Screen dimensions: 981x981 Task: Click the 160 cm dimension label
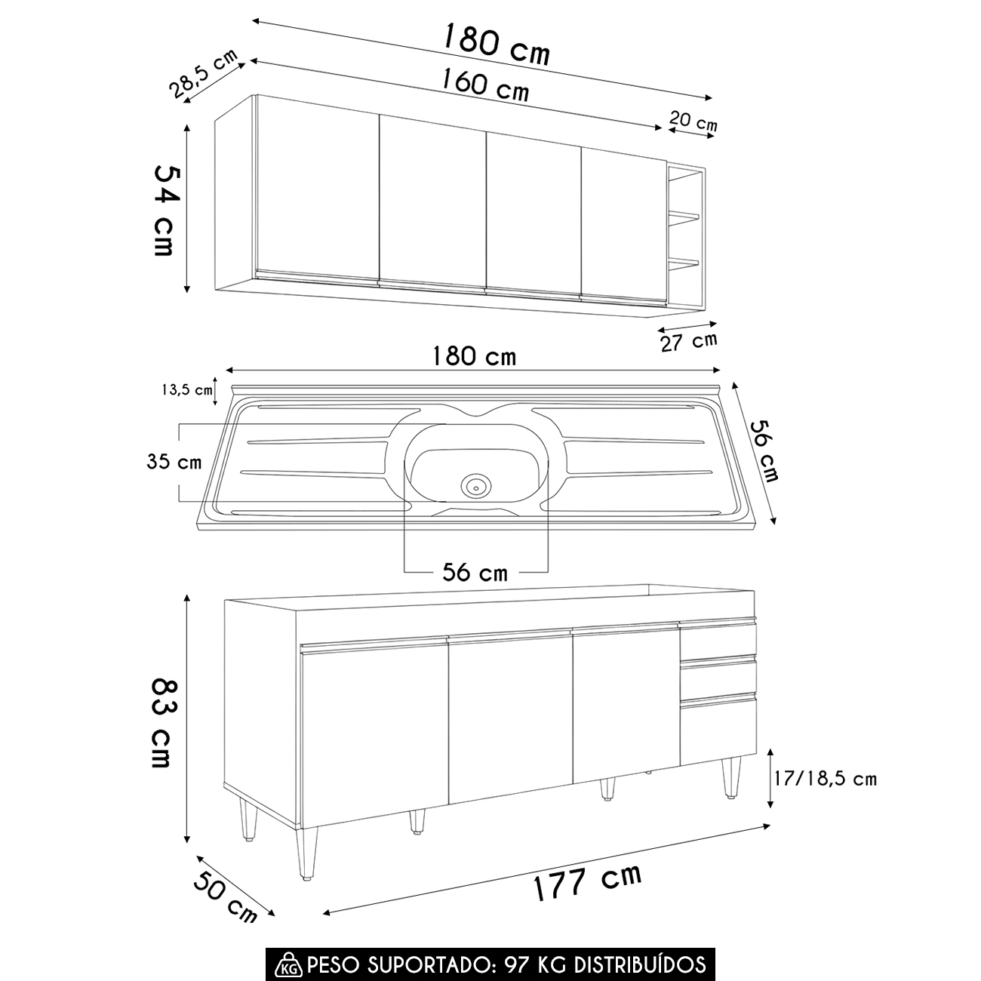484,85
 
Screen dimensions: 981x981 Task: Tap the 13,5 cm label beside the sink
187,390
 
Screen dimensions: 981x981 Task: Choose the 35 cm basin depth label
174,462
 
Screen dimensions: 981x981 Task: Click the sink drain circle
476,487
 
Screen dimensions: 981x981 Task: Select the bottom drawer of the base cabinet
718,732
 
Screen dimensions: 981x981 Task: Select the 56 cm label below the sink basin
475,572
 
